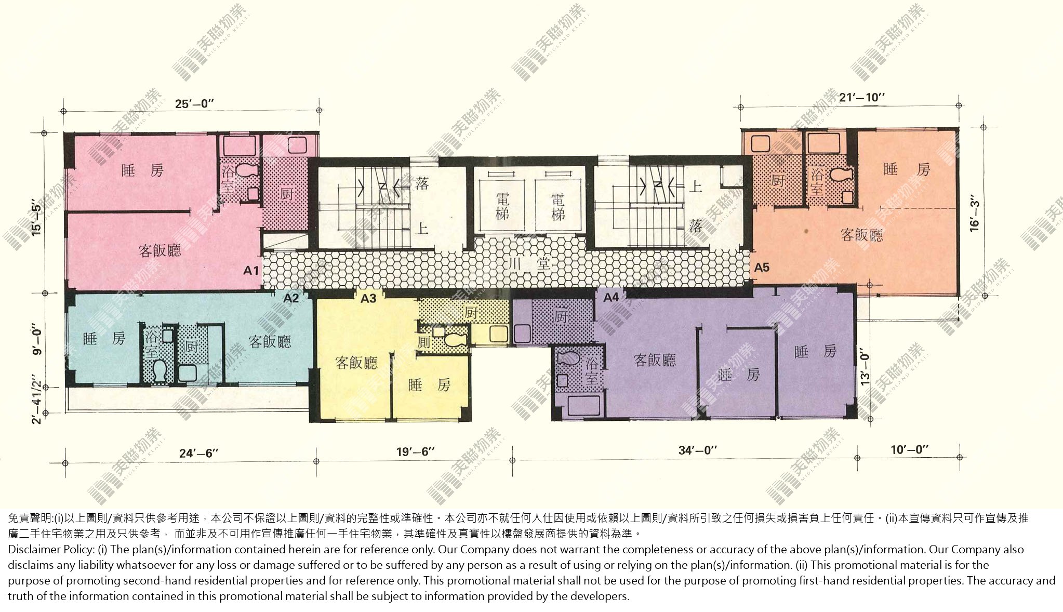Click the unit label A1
[x=251, y=271]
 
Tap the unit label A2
[x=291, y=298]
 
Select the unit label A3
[x=368, y=298]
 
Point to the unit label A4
[x=611, y=297]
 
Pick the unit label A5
[x=762, y=268]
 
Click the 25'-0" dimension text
[x=195, y=104]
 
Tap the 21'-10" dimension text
[x=862, y=97]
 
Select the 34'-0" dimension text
[x=698, y=450]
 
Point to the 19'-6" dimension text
[x=415, y=451]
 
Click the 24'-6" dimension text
[x=199, y=453]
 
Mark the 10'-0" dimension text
[x=910, y=449]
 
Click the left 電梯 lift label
[x=502, y=206]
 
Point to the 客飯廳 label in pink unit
[x=160, y=250]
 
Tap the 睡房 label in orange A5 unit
[x=907, y=169]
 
